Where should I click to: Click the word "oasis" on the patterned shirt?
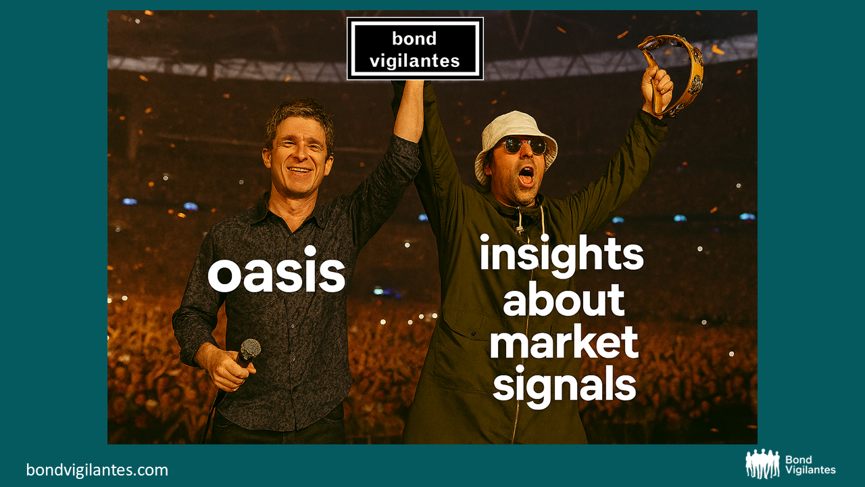tap(276, 270)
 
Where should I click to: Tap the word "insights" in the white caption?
tap(562, 256)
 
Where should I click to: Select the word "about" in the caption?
tap(564, 300)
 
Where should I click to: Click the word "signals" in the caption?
tap(564, 386)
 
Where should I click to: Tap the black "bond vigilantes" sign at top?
tap(415, 49)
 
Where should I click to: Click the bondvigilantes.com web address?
tap(97, 470)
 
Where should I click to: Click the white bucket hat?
tap(516, 143)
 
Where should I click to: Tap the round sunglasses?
tap(525, 145)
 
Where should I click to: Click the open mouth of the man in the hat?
tap(526, 177)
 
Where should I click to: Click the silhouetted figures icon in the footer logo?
tap(763, 464)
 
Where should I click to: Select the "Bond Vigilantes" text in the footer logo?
tap(810, 465)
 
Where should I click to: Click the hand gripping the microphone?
tap(226, 367)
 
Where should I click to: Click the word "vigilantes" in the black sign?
tap(415, 61)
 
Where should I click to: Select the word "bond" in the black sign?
tap(414, 39)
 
